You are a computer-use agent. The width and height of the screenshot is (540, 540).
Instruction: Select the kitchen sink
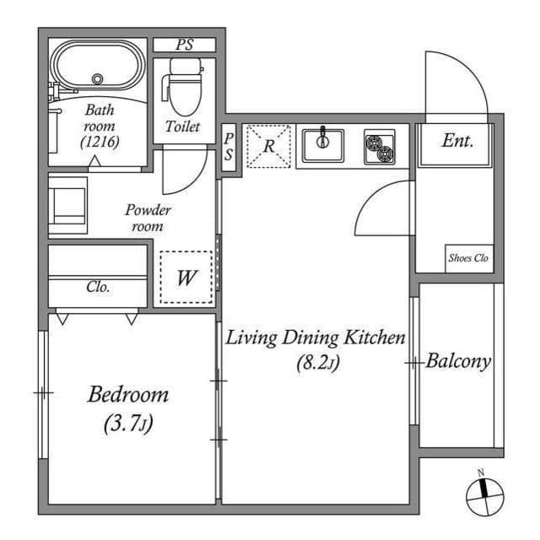(321, 144)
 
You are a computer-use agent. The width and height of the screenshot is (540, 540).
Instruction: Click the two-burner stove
(379, 147)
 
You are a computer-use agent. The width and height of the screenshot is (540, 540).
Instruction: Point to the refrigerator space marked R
(268, 146)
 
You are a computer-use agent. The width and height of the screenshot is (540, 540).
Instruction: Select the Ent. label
(456, 141)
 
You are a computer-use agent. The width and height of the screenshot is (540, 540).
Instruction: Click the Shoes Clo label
(468, 259)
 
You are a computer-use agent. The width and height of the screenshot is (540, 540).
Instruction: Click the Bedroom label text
(128, 394)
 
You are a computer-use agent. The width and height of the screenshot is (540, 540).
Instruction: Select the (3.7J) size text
(128, 424)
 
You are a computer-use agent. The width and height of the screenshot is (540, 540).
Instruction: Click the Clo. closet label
(98, 287)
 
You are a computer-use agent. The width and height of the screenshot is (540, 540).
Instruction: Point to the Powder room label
(148, 218)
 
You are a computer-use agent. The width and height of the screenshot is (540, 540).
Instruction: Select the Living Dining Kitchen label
(316, 338)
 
